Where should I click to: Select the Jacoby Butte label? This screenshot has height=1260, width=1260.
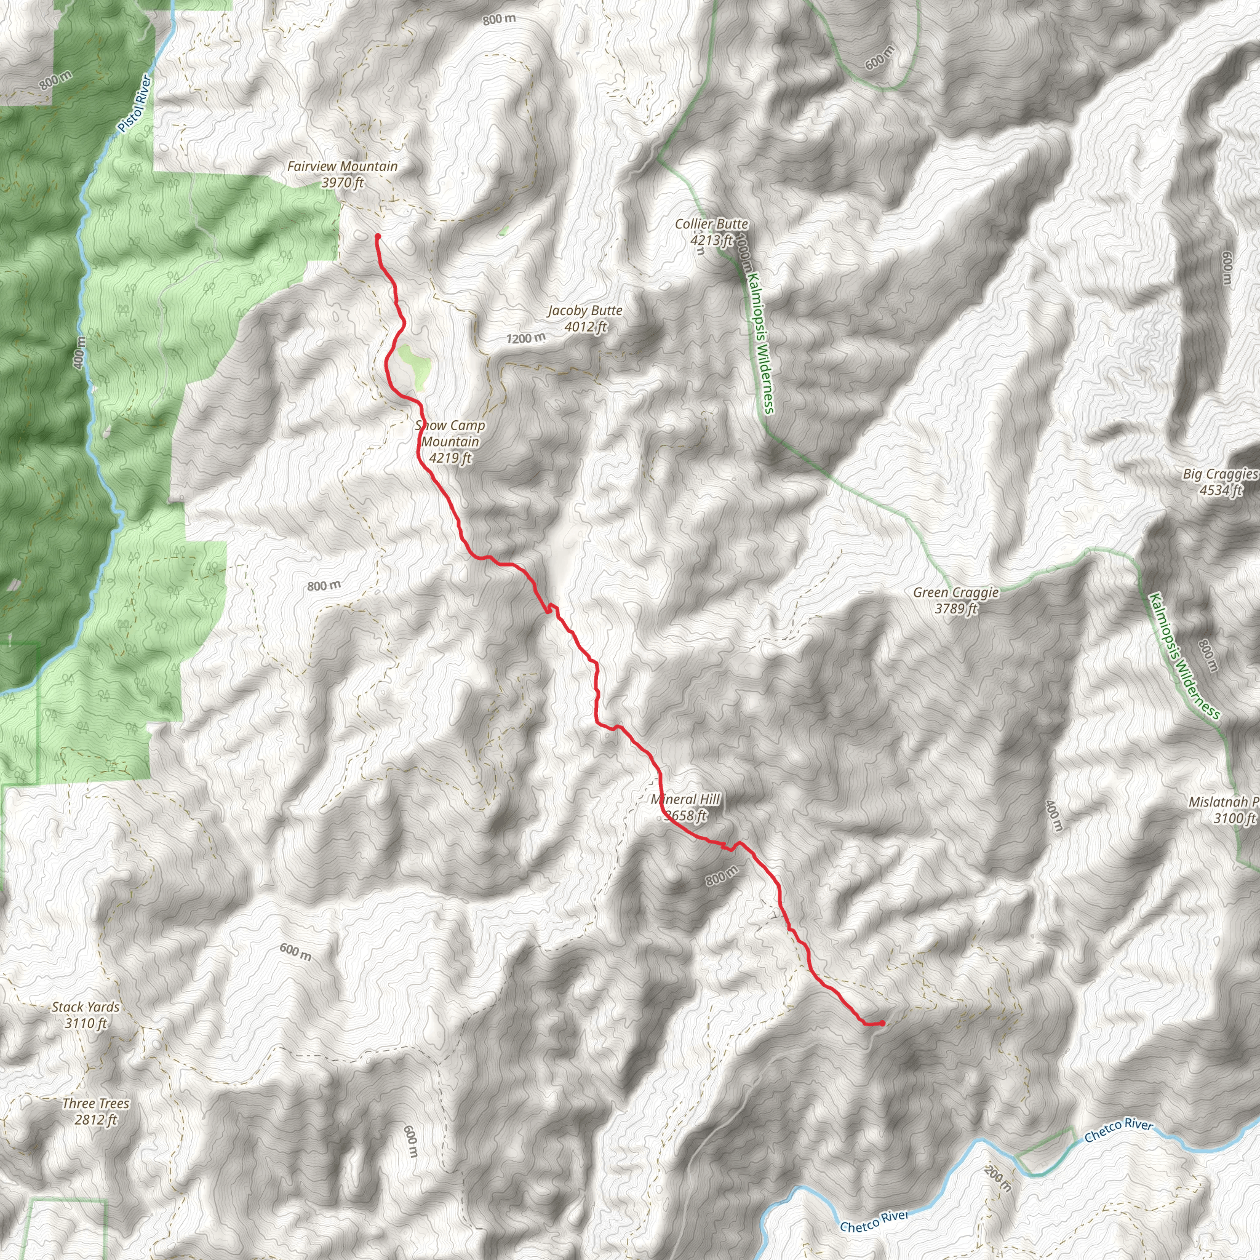[584, 311]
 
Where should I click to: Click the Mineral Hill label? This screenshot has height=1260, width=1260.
[685, 800]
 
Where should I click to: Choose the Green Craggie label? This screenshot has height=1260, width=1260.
[955, 593]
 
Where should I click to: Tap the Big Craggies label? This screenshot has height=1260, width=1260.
[1219, 474]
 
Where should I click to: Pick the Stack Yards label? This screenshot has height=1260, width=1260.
[86, 1007]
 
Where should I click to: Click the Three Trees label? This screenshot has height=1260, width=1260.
[96, 1104]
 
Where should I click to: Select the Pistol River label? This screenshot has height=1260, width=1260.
[135, 104]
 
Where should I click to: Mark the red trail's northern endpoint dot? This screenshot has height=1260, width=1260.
[378, 236]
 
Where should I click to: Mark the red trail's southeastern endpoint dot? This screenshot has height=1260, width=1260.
[882, 1023]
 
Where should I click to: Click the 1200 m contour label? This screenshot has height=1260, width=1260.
[525, 338]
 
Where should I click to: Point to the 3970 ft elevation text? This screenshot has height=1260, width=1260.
[343, 183]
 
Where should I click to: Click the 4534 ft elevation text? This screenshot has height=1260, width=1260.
[1221, 490]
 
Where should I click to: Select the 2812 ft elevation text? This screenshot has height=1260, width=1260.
[96, 1120]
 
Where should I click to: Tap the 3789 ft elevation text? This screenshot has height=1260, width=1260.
[956, 609]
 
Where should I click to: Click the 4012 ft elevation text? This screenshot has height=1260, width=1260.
[586, 327]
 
